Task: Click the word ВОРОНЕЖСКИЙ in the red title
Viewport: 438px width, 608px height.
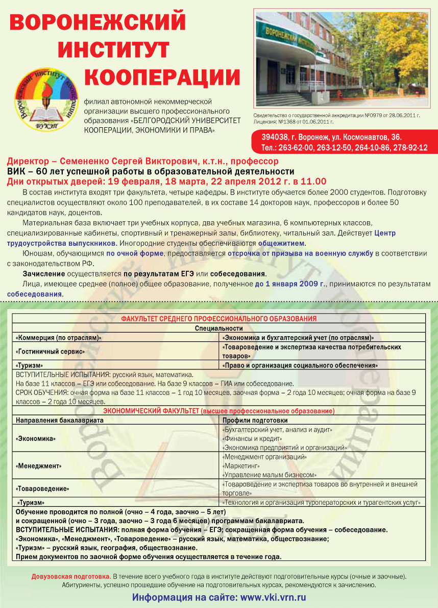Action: [98, 23]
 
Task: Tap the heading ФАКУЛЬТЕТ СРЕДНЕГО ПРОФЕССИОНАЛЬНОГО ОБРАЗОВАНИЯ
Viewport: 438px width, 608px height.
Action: [218, 319]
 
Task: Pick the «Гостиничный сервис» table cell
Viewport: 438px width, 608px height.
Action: [51, 352]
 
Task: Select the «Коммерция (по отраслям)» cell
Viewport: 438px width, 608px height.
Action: [59, 338]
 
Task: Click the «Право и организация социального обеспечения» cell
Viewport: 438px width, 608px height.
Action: [300, 365]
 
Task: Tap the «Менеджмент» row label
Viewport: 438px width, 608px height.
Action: [39, 466]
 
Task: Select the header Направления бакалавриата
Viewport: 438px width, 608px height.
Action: [60, 420]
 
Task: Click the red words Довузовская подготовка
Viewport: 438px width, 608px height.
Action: [71, 576]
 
